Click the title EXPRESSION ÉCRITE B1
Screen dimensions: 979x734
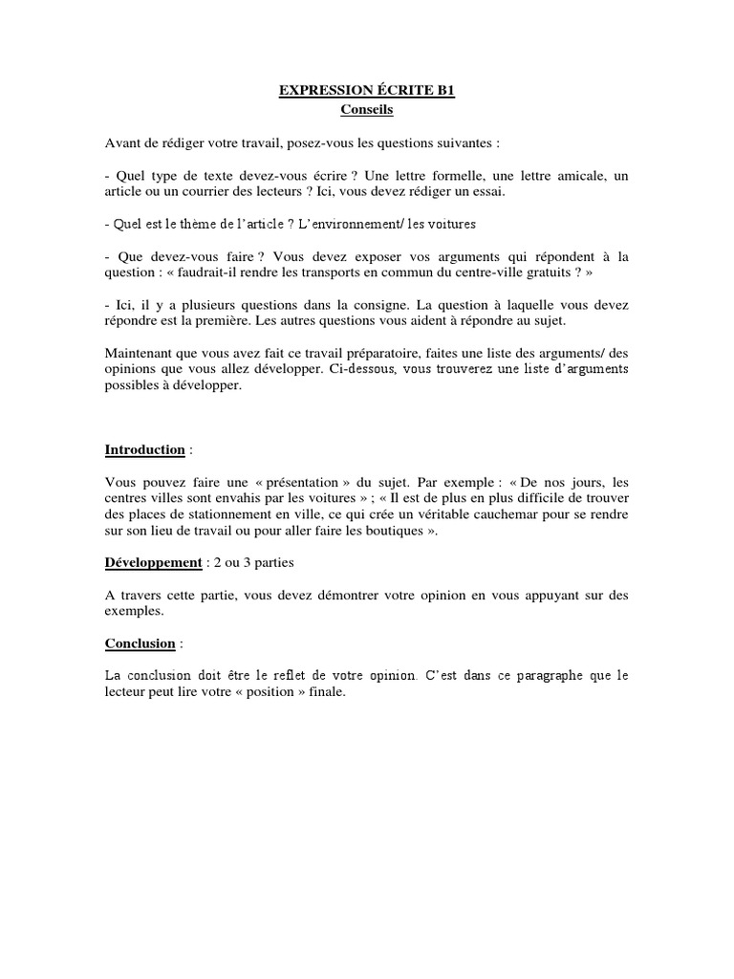pyautogui.click(x=367, y=91)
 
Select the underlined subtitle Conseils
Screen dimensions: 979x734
pyautogui.click(x=367, y=110)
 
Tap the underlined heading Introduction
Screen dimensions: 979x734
pyautogui.click(x=144, y=449)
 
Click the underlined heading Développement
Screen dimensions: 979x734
pyautogui.click(x=153, y=562)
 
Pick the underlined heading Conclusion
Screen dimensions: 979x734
pyautogui.click(x=140, y=643)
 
